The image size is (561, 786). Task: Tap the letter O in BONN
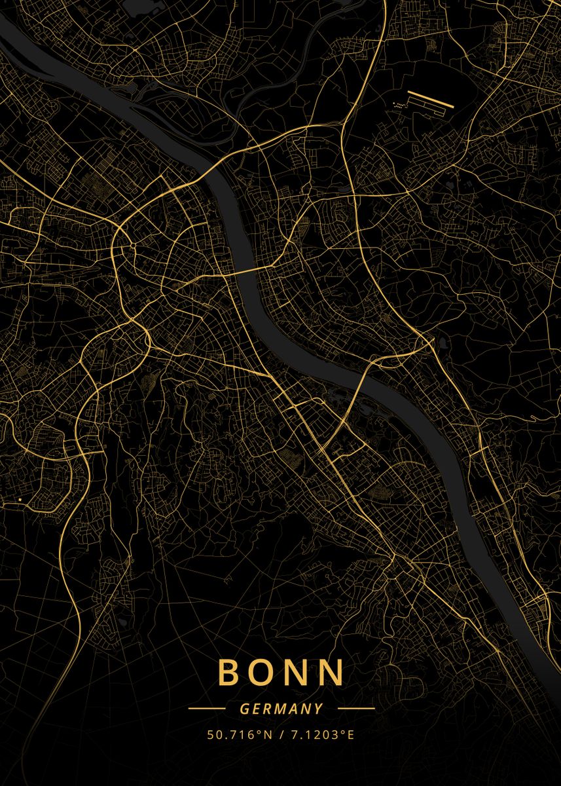[x=262, y=672]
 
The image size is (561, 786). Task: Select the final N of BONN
[x=331, y=672]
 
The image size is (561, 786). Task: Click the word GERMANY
[x=281, y=709]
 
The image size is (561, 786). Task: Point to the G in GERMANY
[x=244, y=709]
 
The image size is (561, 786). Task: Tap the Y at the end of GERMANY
[x=319, y=709]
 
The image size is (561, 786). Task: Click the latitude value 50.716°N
[x=240, y=735]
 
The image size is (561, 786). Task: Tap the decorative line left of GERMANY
[x=206, y=708]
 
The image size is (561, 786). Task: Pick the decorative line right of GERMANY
[x=356, y=708]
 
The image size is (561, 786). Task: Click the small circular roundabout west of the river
[x=132, y=245]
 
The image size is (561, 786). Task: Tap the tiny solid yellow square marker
[x=20, y=500]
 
